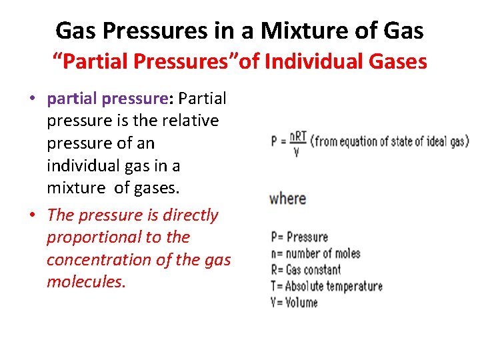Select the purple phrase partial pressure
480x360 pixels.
point(107,99)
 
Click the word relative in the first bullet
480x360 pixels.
point(190,121)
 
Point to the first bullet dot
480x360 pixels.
point(32,99)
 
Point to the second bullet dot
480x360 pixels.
point(32,215)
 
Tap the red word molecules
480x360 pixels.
point(86,282)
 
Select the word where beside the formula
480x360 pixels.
point(287,199)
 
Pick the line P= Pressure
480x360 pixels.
point(299,237)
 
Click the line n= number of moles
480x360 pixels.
point(315,253)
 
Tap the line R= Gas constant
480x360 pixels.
point(305,269)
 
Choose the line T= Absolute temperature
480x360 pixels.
point(327,286)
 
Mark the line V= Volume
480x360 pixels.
point(294,302)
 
